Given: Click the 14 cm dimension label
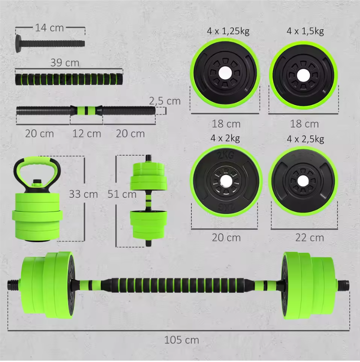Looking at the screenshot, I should coord(49,28).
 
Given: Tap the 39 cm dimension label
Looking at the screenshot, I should coord(65,63).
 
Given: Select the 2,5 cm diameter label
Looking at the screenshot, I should coord(164,101).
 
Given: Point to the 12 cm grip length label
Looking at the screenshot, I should coord(87,134).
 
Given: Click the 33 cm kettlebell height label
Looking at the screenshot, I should coord(83,194).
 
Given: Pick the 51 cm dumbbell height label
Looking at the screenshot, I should coord(122,194).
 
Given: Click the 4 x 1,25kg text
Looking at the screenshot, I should coord(228,31).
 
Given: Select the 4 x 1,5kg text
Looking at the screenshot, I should coord(305,31).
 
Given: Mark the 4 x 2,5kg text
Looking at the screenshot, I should coord(305,139).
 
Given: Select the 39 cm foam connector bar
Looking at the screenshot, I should coord(69,79).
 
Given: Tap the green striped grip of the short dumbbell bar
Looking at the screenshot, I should coord(86,110).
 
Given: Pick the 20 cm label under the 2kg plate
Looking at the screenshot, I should coord(226,238).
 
